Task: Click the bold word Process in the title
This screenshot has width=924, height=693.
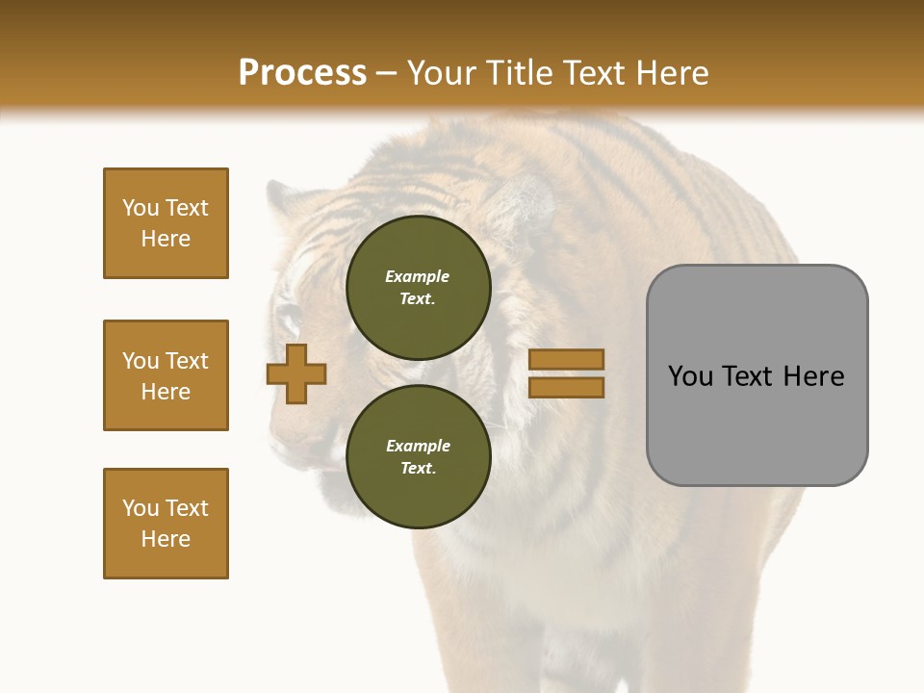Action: click(x=302, y=73)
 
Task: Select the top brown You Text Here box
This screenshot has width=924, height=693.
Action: click(x=166, y=223)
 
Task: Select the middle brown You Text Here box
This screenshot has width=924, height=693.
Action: click(x=166, y=375)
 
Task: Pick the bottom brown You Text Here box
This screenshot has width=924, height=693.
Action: click(x=166, y=523)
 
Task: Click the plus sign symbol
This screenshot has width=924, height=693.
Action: click(x=296, y=373)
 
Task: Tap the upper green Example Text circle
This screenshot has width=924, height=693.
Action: click(x=418, y=287)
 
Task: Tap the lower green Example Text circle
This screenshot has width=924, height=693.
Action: click(x=418, y=456)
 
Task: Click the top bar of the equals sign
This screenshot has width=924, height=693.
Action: click(x=566, y=359)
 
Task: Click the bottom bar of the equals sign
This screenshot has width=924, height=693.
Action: click(x=566, y=388)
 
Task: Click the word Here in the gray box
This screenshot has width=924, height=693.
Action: click(x=813, y=376)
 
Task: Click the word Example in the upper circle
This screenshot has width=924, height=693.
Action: click(x=418, y=276)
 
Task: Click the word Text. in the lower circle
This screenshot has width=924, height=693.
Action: click(x=418, y=468)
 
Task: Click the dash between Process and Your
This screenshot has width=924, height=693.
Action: click(x=386, y=73)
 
